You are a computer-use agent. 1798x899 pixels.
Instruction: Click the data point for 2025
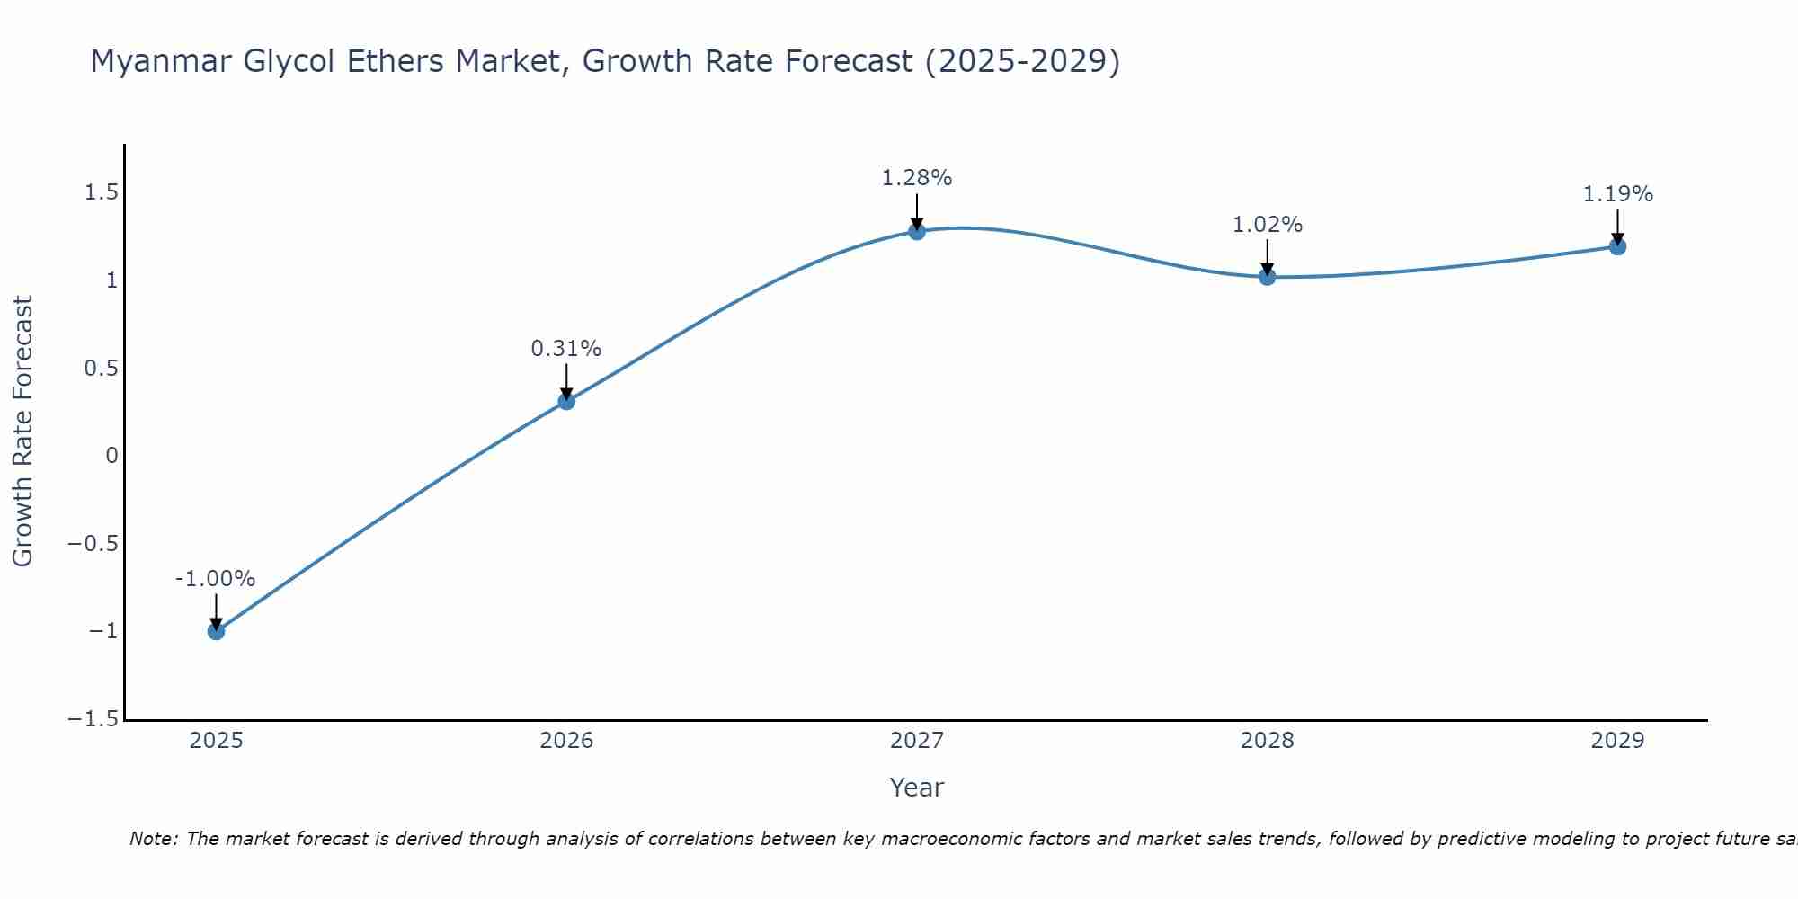(216, 631)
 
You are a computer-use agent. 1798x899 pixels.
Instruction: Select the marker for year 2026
(566, 401)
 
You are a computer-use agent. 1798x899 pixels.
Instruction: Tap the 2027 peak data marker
(917, 231)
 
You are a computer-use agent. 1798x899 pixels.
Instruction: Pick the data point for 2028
(1268, 277)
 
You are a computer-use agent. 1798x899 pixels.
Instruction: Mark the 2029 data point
(1617, 246)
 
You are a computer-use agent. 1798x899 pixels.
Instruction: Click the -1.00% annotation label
(215, 579)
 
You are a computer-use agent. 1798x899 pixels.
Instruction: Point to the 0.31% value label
(565, 349)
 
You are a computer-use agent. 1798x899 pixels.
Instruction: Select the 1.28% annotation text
(916, 178)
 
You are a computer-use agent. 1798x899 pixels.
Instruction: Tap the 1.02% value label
(1267, 225)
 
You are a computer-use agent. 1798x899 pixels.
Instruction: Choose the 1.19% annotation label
(1617, 194)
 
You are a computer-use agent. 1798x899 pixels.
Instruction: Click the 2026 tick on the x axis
(566, 741)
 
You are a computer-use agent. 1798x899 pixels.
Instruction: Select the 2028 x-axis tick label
(1267, 741)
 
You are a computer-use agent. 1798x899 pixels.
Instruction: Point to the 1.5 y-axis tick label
(101, 192)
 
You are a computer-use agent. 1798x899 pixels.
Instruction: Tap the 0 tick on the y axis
(111, 456)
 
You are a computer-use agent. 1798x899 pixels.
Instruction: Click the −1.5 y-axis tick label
(93, 719)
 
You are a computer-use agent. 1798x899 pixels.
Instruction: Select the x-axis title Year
(916, 788)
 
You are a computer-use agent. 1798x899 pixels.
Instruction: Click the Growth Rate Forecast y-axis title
(22, 432)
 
